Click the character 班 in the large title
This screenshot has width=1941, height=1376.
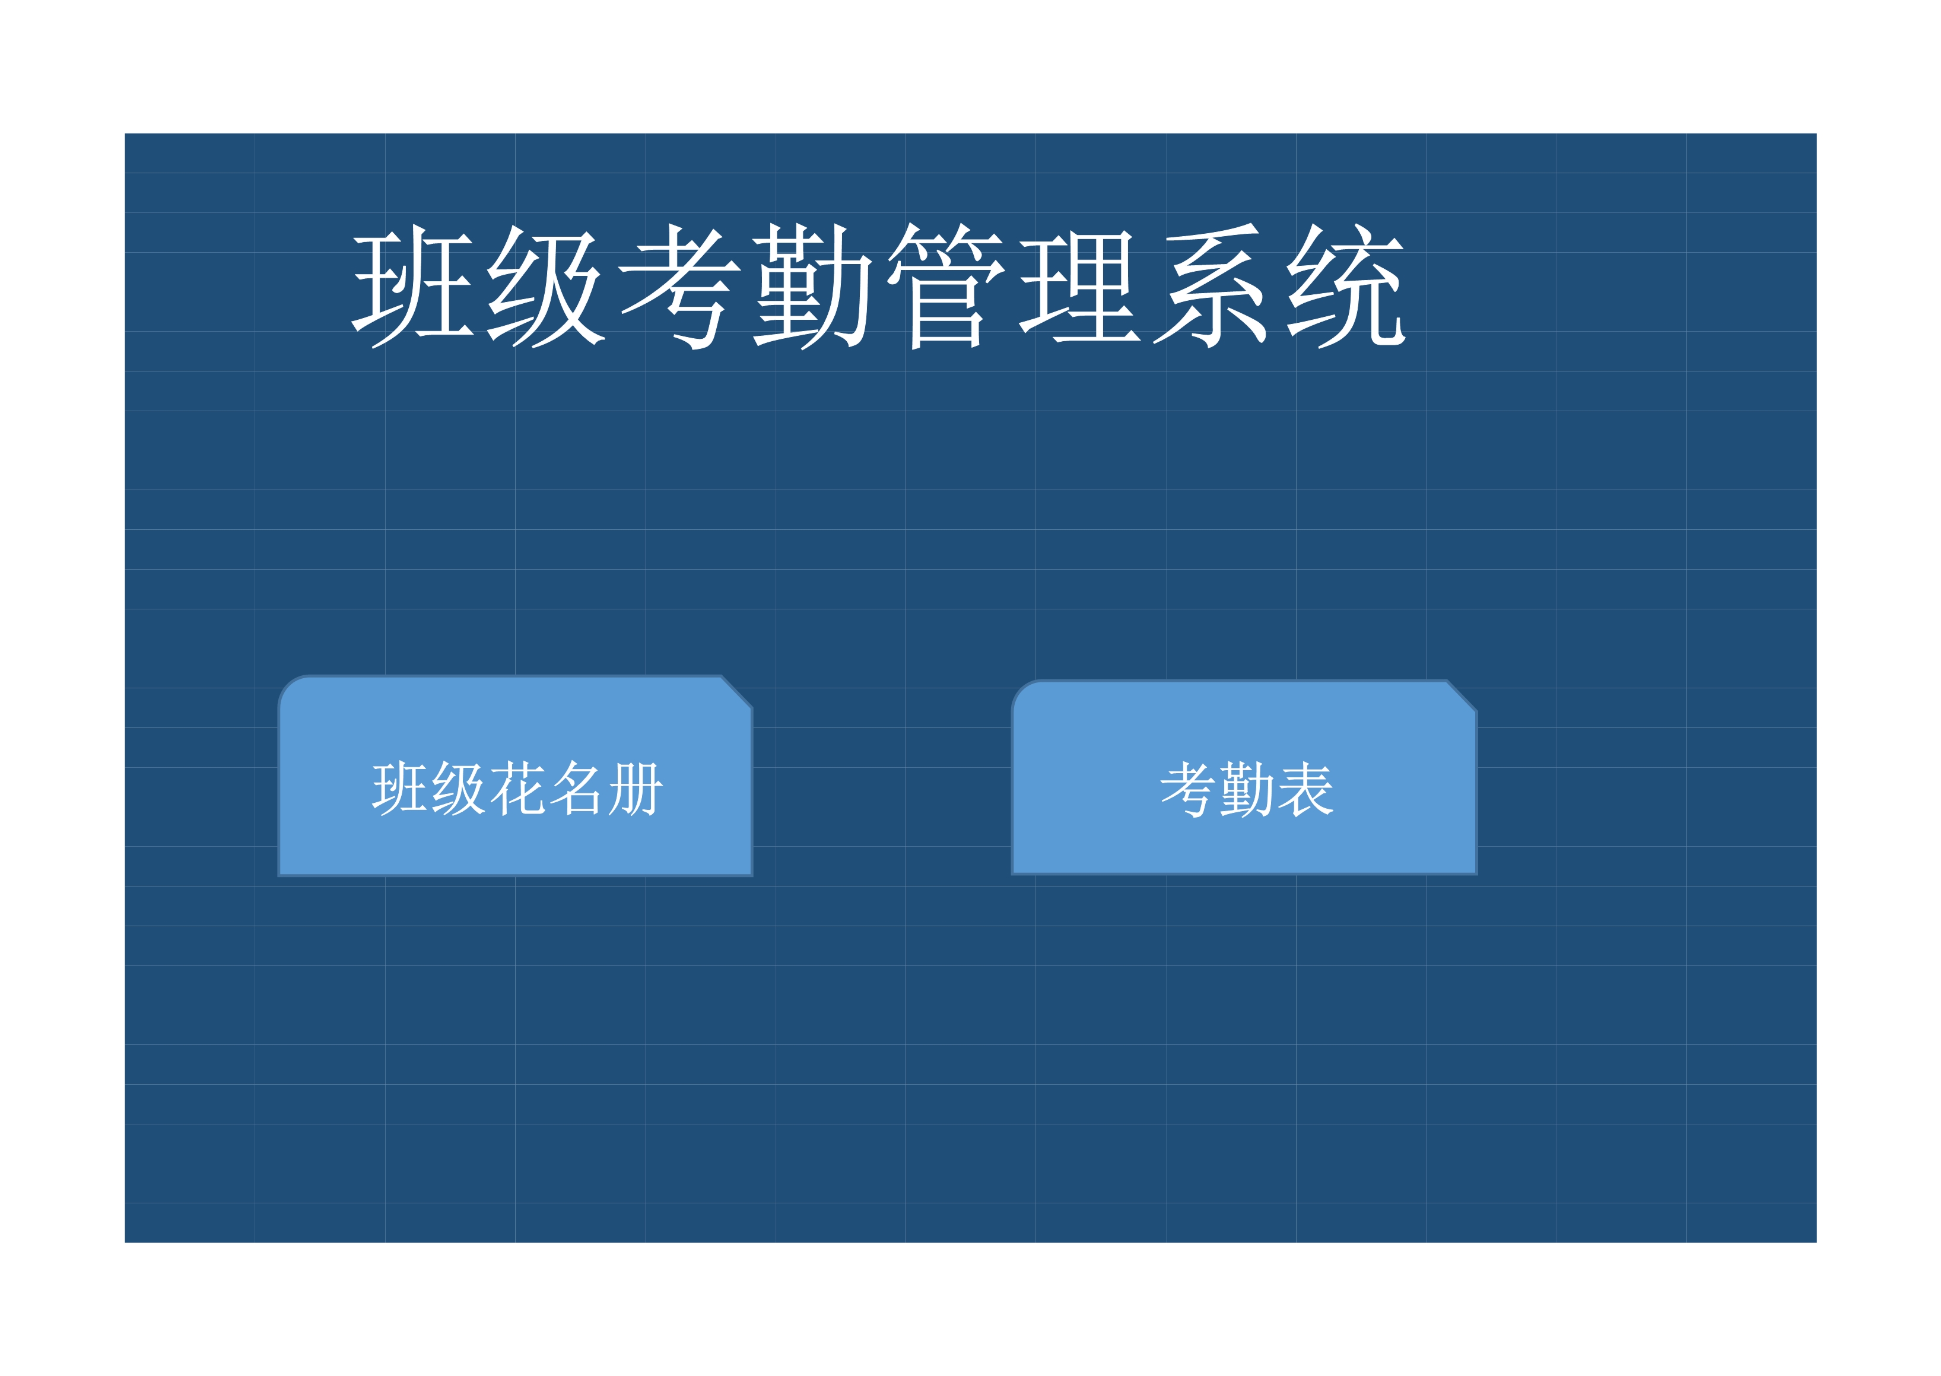coord(412,287)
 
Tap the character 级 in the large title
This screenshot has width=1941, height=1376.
coord(547,287)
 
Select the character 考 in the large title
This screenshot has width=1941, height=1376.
coord(679,287)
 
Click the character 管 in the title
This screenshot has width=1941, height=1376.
coord(946,287)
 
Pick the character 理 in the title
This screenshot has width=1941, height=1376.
coord(1079,287)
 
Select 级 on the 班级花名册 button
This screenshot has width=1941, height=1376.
coord(458,788)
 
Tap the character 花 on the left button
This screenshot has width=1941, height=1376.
coord(517,788)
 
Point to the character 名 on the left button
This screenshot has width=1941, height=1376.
coord(576,788)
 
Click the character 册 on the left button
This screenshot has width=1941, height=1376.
coord(636,788)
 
